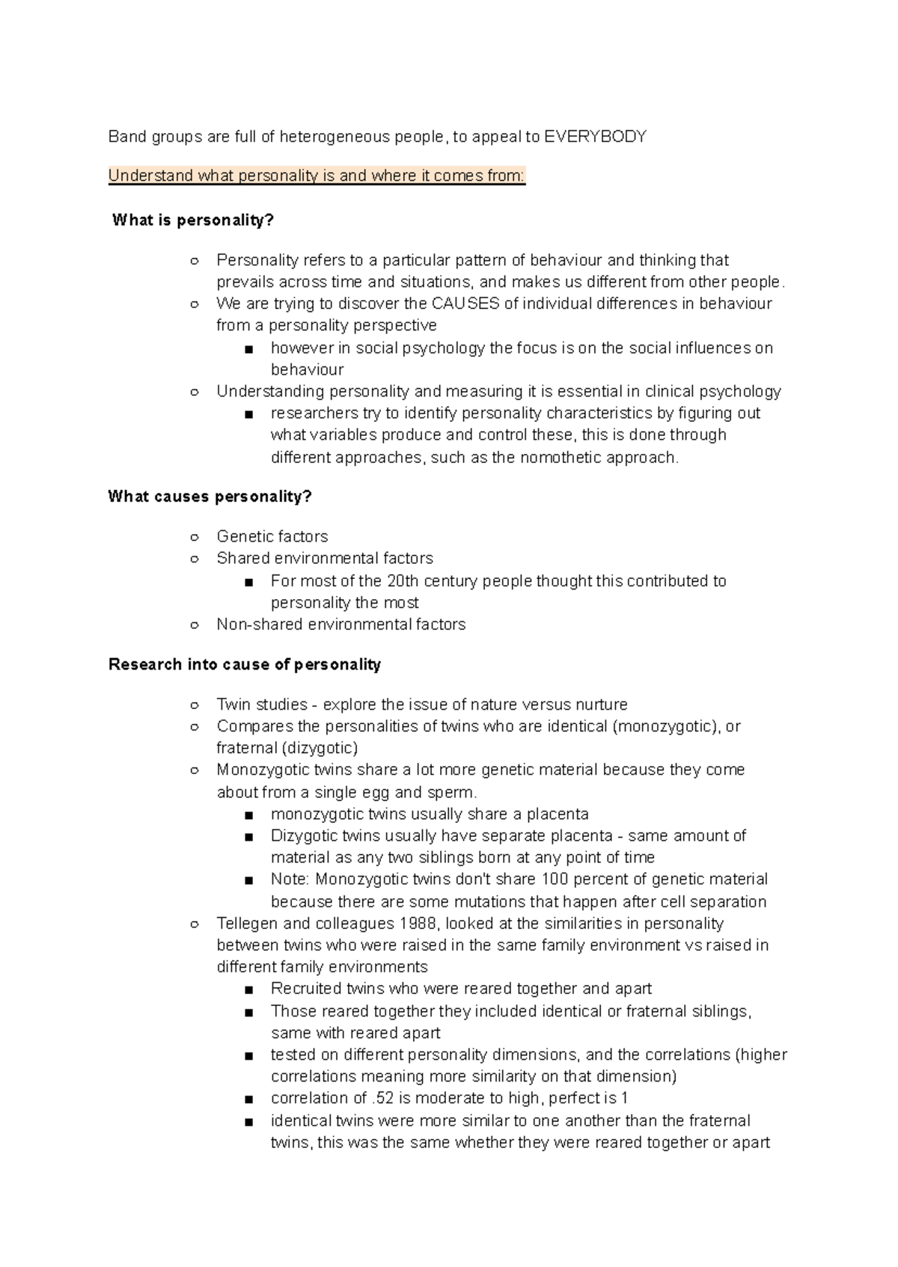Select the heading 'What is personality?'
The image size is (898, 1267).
(193, 221)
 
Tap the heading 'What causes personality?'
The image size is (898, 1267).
(210, 497)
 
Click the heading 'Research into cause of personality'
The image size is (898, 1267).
(245, 664)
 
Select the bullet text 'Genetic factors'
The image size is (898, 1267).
(272, 536)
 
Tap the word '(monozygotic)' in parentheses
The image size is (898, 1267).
(665, 726)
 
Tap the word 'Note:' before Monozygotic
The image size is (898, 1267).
(290, 880)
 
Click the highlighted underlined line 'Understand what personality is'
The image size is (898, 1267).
(317, 177)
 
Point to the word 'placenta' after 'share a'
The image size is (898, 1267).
(558, 814)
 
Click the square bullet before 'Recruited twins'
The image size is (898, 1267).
(249, 990)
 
